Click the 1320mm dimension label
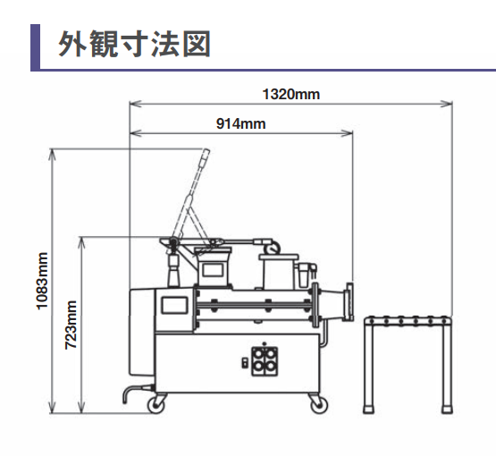click(291, 94)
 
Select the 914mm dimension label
click(240, 123)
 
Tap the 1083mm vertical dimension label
click(42, 281)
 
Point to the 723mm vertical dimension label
click(71, 325)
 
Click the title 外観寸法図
click(134, 44)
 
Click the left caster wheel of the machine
click(156, 404)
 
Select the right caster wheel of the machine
click(319, 404)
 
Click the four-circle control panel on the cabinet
click(265, 361)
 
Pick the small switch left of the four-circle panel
click(245, 363)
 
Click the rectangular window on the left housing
click(174, 305)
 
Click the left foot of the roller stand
click(368, 409)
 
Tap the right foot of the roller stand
click(447, 409)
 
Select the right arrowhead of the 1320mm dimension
click(447, 103)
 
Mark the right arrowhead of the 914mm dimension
click(347, 133)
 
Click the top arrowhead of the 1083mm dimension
click(53, 155)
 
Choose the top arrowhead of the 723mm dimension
click(82, 242)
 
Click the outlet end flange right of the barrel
click(349, 302)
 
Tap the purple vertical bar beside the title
click(35, 46)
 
